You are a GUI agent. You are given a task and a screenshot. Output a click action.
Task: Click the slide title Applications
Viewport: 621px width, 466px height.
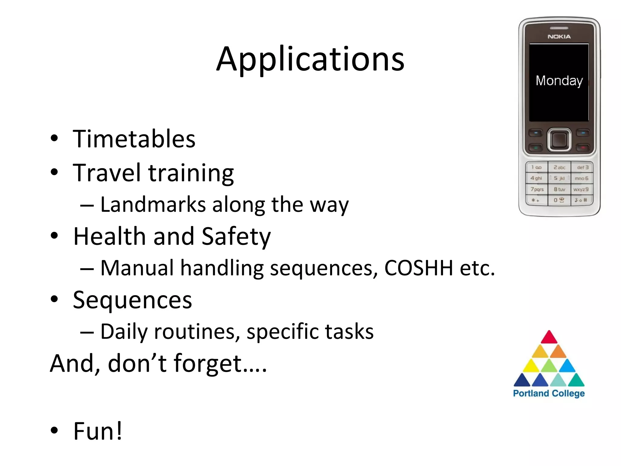[x=310, y=59]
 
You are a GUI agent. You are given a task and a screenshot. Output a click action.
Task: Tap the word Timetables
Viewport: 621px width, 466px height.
[x=134, y=139]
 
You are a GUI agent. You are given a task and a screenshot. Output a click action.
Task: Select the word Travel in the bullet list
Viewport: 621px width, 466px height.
[x=107, y=172]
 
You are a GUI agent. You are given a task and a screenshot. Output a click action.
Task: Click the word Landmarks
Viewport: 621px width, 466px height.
[x=153, y=204]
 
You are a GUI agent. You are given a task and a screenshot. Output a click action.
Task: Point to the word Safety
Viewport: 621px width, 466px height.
[x=236, y=237]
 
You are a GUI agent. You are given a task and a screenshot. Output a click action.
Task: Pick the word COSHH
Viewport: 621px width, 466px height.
[x=418, y=268]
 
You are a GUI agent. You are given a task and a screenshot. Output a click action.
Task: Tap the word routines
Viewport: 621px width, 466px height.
[x=195, y=331]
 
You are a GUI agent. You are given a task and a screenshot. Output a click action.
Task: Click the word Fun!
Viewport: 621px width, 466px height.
[x=98, y=431]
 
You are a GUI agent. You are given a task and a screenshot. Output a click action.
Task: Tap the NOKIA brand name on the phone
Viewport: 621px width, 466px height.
[x=559, y=37]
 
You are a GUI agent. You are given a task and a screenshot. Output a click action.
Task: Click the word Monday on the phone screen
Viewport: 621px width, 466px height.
[x=559, y=81]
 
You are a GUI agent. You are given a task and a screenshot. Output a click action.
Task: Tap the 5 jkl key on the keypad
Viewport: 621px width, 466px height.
[x=559, y=178]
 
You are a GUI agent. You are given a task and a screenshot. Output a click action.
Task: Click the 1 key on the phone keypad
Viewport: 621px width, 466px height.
[x=536, y=167]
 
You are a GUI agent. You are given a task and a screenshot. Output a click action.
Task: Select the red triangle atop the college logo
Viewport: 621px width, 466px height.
[x=549, y=338]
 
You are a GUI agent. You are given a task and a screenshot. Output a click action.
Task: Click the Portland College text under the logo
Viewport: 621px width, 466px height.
[x=549, y=393]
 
